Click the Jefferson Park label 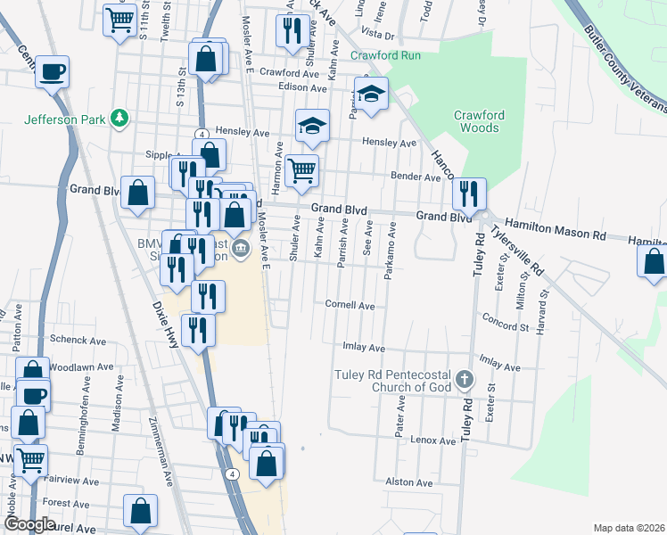tap(64, 119)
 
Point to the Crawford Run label tap(385, 55)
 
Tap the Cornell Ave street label tap(349, 305)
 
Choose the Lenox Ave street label tap(433, 440)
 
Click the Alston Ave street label tap(409, 482)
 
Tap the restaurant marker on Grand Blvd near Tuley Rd tap(468, 193)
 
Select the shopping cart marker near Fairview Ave tap(29, 461)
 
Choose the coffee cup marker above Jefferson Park tap(53, 70)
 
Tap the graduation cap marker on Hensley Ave tap(312, 126)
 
